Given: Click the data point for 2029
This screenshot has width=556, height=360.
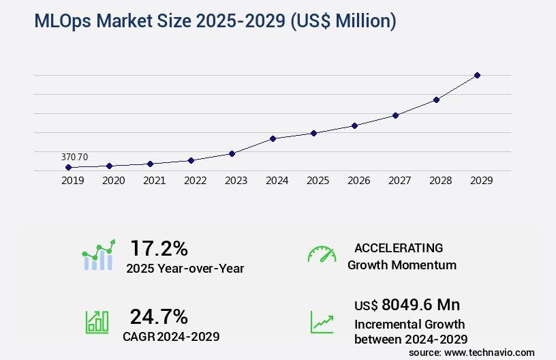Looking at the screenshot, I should coord(477,75).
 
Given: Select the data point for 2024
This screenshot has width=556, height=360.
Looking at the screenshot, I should coord(273,138).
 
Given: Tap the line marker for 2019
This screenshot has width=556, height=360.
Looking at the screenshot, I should coord(68,167).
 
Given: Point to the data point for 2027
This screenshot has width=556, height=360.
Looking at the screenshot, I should coord(395,115).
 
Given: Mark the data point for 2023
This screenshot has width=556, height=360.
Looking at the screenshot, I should coord(232,153).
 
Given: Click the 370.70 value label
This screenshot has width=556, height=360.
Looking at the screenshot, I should coord(74,157).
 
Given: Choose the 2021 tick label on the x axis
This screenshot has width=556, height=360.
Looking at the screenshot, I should coord(154,181).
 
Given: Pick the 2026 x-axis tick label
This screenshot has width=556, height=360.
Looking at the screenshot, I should coord(358,181).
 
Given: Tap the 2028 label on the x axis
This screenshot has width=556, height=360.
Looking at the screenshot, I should coord(440,181).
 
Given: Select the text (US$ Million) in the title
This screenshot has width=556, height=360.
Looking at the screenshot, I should coord(343,21).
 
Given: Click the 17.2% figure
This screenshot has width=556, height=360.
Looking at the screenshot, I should coord(159,248).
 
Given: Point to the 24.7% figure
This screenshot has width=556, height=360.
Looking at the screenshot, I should coord(159,316).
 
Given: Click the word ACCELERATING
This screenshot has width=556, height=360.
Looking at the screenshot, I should coord(399,247).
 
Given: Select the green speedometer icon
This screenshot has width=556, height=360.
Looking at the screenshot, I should coord(322,254).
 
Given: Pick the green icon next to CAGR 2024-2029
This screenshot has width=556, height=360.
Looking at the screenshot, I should coord(97,322).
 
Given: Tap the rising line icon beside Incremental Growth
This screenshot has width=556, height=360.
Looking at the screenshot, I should coord(322,322).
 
